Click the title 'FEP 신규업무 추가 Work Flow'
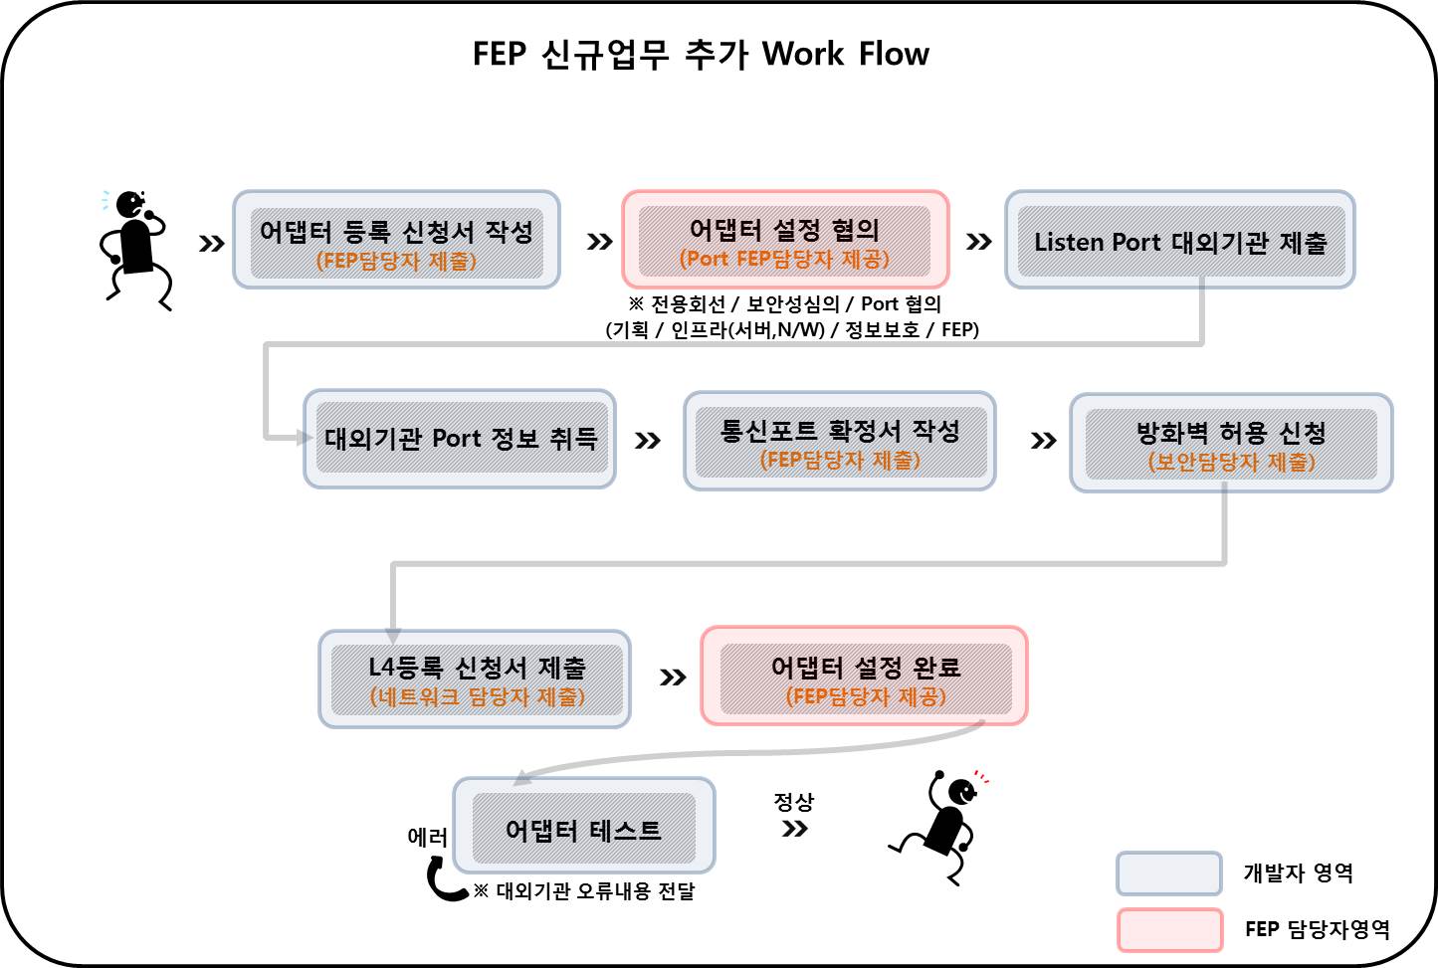coord(701,54)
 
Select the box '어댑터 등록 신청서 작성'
coord(397,240)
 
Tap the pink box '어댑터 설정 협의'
coord(785,239)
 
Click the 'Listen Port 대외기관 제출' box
coord(1180,240)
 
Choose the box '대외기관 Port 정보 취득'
coord(460,439)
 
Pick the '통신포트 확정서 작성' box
coord(840,441)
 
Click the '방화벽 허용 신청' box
coord(1231,443)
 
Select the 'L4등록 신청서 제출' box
coord(475,679)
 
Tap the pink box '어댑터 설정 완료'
coord(864,676)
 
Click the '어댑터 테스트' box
coord(584,826)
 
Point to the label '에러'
coord(428,837)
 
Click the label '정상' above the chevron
coord(793,801)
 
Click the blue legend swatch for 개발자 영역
coord(1169,873)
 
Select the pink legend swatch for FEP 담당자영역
coord(1169,929)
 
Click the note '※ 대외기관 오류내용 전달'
coord(584,891)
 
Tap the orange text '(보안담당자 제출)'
coord(1231,462)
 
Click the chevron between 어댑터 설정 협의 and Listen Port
coord(978,242)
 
